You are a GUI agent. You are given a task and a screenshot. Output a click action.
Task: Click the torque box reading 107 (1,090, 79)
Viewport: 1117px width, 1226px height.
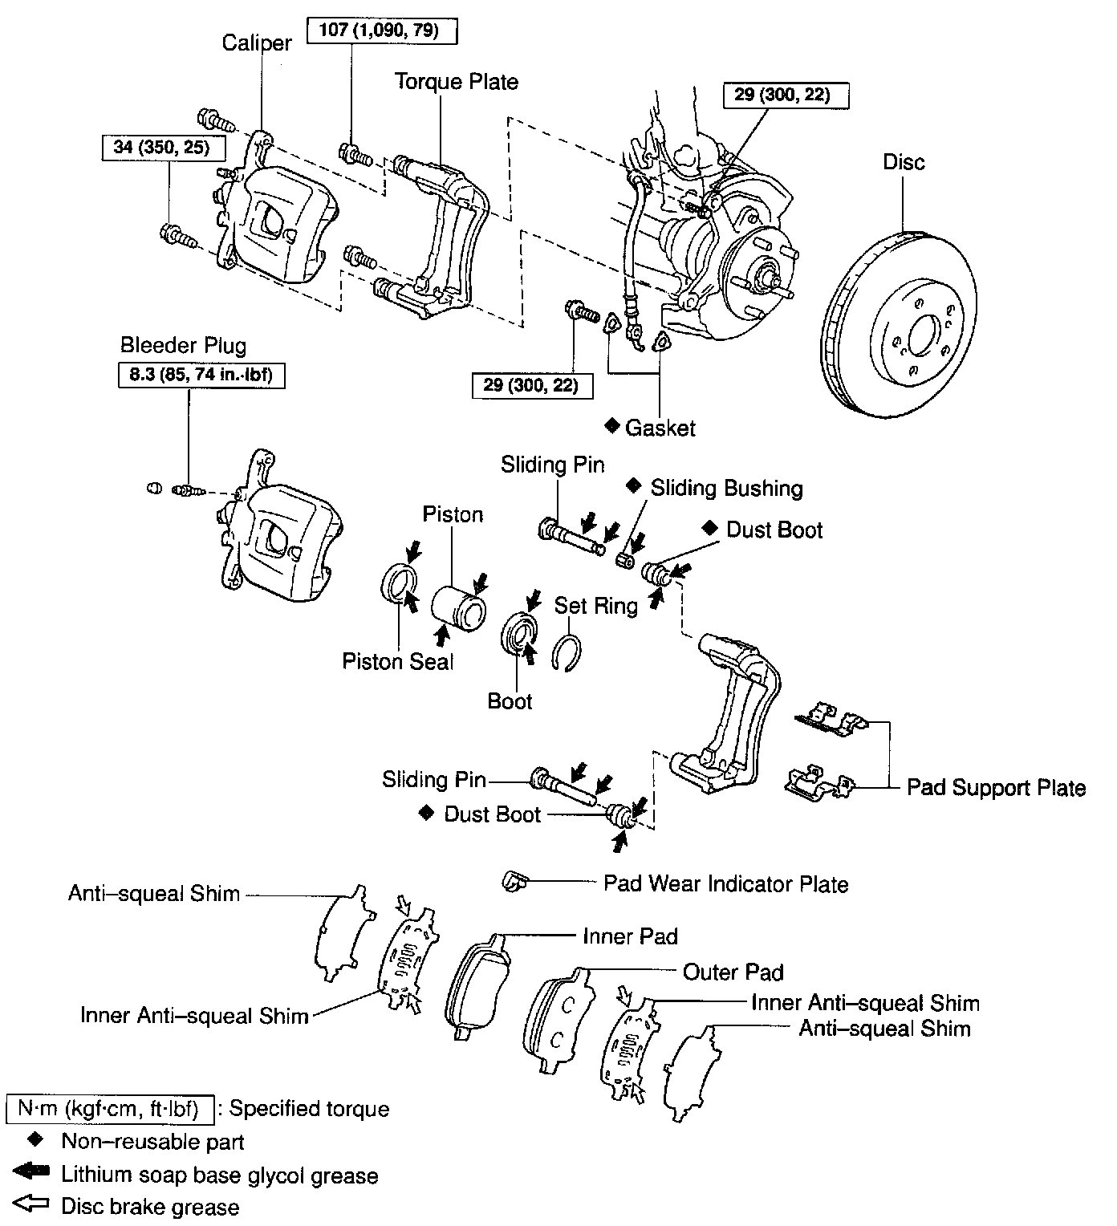pos(383,31)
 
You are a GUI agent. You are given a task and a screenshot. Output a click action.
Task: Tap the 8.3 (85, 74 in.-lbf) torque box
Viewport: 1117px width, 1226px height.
pos(201,376)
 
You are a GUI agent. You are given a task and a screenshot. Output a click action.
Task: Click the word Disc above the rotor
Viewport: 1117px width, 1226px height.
pos(904,162)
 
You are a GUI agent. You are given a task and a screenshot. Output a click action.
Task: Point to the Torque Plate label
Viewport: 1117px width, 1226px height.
pos(456,82)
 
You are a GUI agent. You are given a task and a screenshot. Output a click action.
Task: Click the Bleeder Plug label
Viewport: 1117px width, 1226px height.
pos(183,346)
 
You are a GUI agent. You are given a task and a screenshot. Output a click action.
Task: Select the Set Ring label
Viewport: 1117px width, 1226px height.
pos(595,605)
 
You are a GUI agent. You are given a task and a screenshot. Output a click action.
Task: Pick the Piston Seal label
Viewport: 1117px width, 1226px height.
pos(397,661)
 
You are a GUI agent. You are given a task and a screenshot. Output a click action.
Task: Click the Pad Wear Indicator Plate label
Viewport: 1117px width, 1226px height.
pos(725,884)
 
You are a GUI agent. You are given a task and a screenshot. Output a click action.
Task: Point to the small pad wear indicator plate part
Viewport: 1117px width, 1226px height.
pos(512,881)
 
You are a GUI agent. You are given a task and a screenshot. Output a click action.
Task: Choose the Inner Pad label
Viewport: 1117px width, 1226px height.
pos(630,936)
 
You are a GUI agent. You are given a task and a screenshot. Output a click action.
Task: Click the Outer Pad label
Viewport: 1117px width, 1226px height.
pos(733,972)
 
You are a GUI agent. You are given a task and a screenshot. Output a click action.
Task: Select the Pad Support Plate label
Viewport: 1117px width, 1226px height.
pos(996,788)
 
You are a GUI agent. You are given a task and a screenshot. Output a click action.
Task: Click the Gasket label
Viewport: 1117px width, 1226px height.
pos(660,428)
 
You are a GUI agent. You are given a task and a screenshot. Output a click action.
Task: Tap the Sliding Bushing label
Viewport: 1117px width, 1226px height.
pos(726,489)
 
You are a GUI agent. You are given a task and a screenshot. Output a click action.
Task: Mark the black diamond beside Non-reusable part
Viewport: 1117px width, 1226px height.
pos(35,1140)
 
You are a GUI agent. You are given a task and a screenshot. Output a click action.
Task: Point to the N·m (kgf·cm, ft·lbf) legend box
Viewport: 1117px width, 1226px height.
pos(109,1110)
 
